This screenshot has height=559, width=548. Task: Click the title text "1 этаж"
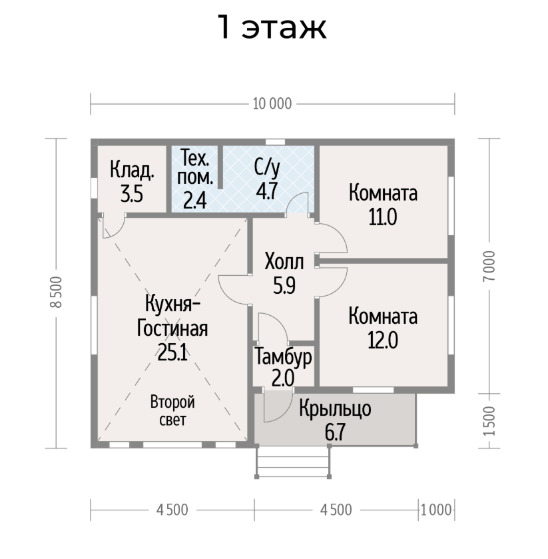pyautogui.click(x=272, y=27)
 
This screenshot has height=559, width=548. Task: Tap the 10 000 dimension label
pyautogui.click(x=272, y=104)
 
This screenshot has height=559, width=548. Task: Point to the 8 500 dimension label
pyautogui.click(x=57, y=292)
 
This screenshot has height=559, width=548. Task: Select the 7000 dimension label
pyautogui.click(x=489, y=266)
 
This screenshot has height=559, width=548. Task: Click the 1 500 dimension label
pyautogui.click(x=489, y=420)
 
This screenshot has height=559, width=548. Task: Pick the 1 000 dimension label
pyautogui.click(x=436, y=510)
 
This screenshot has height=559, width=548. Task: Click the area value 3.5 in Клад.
pyautogui.click(x=131, y=195)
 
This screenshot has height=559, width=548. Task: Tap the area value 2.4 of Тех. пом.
pyautogui.click(x=195, y=201)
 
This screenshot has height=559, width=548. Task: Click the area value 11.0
pyautogui.click(x=383, y=217)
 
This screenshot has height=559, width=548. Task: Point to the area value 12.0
pyautogui.click(x=383, y=340)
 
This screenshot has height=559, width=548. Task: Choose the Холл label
pyautogui.click(x=284, y=262)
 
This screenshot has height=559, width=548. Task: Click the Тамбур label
pyautogui.click(x=284, y=357)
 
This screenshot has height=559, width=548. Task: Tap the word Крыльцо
pyautogui.click(x=335, y=408)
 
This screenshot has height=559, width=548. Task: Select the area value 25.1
pyautogui.click(x=172, y=353)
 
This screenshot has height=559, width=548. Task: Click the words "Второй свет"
pyautogui.click(x=172, y=410)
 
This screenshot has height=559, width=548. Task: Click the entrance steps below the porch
pyautogui.click(x=293, y=462)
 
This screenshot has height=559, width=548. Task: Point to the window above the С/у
pyautogui.click(x=276, y=142)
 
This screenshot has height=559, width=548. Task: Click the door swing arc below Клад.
pyautogui.click(x=119, y=231)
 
